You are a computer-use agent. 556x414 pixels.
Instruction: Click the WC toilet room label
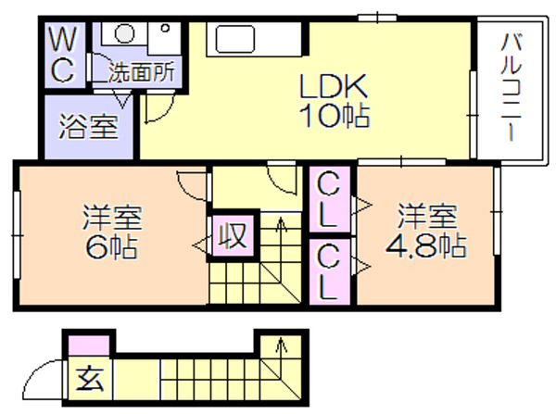(x=63, y=55)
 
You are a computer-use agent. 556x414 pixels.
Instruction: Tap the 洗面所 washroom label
(x=142, y=72)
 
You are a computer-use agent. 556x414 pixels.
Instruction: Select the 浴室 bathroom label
(x=88, y=127)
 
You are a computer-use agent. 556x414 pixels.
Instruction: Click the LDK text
(x=334, y=86)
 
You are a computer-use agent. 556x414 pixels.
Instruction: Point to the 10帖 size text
(x=335, y=116)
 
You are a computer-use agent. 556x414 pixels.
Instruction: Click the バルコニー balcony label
(x=512, y=87)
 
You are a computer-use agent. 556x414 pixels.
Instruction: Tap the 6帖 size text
(x=111, y=247)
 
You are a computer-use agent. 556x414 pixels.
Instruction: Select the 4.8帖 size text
(x=426, y=245)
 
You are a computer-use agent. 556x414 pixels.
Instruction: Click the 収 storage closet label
(x=233, y=234)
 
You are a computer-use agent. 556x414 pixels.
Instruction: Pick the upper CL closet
(x=329, y=199)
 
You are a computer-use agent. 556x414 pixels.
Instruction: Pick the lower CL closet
(x=329, y=271)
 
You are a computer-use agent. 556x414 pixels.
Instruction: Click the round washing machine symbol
(x=125, y=34)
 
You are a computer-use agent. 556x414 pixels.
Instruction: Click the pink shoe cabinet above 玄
(x=89, y=345)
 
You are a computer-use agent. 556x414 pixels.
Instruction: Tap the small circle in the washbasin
(x=165, y=29)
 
